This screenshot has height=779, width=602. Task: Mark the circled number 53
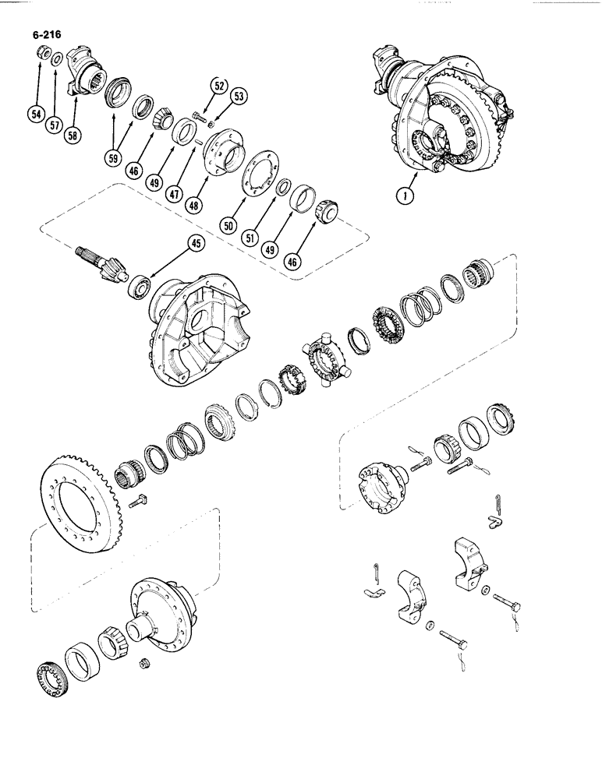[x=238, y=96]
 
